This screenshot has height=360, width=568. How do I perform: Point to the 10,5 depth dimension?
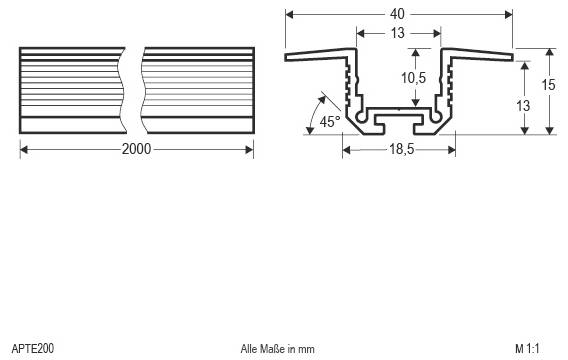click(400, 77)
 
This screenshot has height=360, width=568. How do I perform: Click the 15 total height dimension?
click(547, 85)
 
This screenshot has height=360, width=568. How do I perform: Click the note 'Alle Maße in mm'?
click(277, 349)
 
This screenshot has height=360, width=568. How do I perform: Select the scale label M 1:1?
click(527, 349)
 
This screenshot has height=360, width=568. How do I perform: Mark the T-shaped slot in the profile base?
click(399, 122)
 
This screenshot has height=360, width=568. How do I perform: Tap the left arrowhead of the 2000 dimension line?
click(24, 148)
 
